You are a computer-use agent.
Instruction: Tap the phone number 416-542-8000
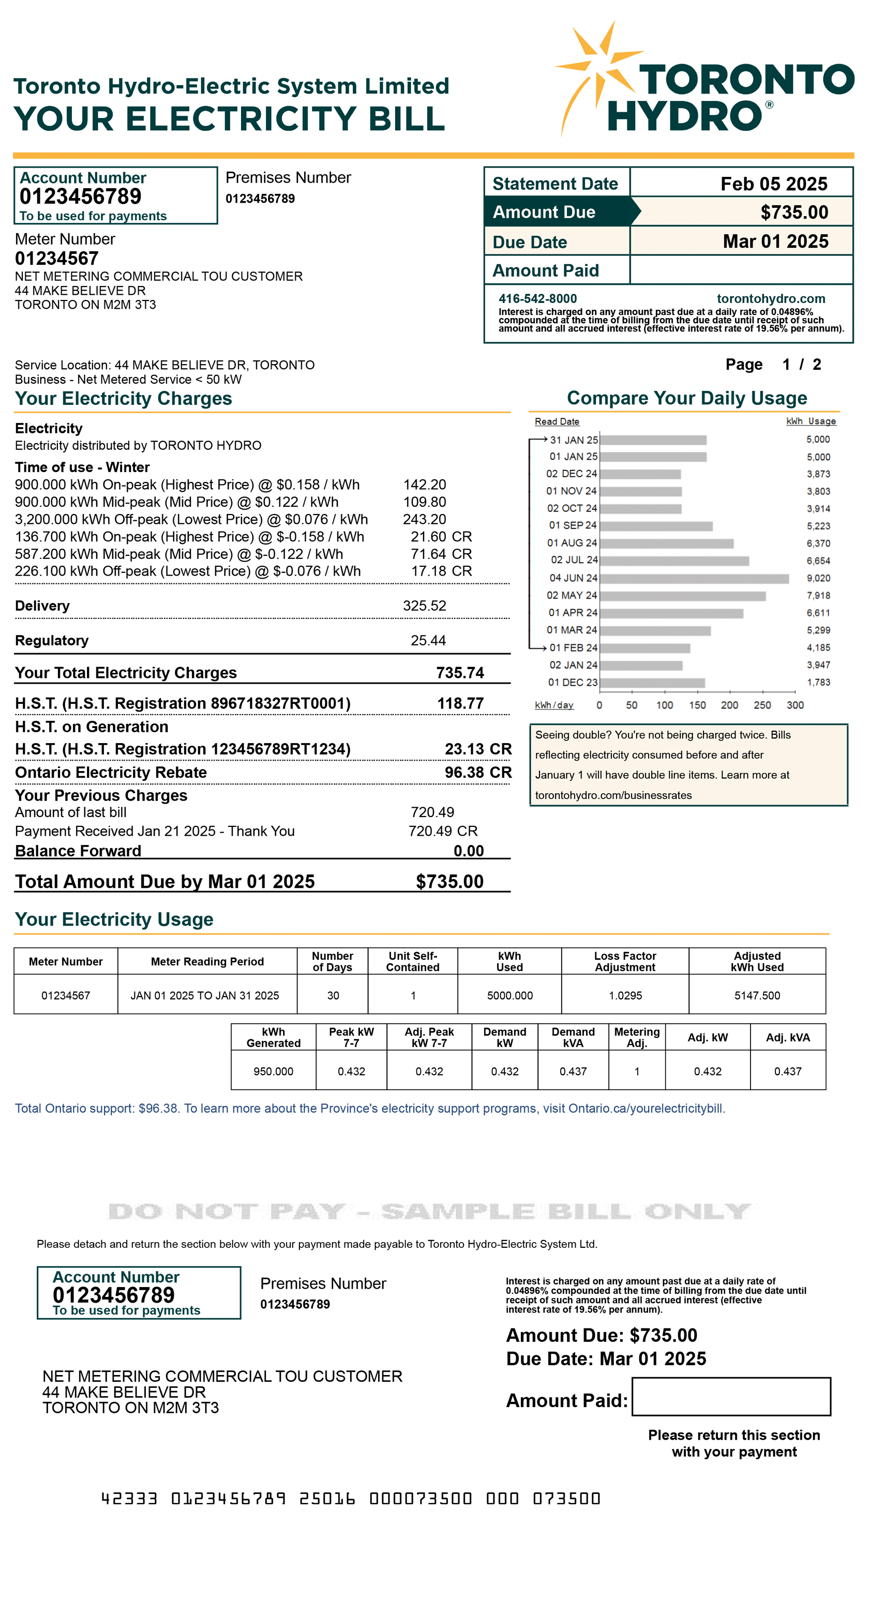tap(537, 298)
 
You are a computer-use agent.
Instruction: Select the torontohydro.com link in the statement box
tap(770, 298)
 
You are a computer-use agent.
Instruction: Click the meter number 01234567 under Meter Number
tap(56, 258)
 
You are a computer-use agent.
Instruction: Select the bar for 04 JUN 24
tap(694, 578)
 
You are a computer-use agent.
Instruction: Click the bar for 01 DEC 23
tap(651, 683)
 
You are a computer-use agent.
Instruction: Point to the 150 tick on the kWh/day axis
tap(697, 705)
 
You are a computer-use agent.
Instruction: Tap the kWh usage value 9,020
tap(817, 578)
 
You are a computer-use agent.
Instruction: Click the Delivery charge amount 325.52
tap(424, 606)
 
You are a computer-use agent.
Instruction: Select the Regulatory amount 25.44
tap(428, 641)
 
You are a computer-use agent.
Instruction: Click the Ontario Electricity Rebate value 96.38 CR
tap(478, 773)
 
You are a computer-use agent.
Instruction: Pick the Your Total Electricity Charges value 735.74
tap(460, 673)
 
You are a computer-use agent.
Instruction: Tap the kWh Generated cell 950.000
tap(273, 1071)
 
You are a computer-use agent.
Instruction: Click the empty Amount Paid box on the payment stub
tap(731, 1396)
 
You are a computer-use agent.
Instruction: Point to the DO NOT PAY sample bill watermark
tap(429, 1212)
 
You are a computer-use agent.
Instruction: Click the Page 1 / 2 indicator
tap(773, 365)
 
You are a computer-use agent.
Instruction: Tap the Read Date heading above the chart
tap(557, 421)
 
